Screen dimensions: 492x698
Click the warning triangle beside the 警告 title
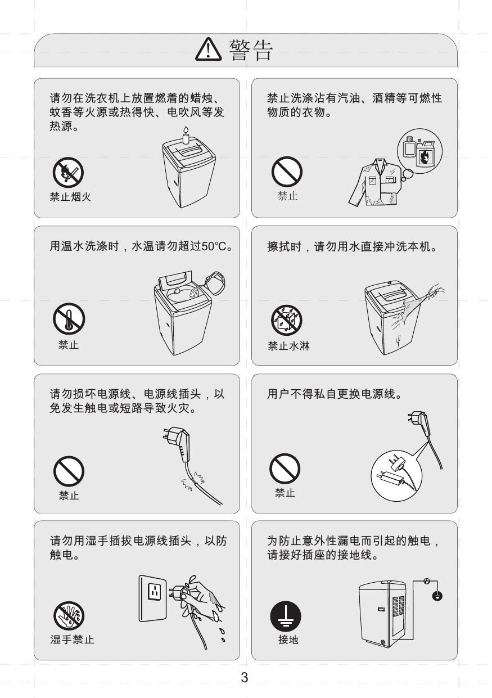coord(209,49)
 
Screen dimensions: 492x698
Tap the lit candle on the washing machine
coord(186,135)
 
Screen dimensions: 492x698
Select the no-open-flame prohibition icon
coord(68,172)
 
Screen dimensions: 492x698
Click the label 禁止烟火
coord(70,197)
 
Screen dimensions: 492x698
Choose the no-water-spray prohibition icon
coord(287,320)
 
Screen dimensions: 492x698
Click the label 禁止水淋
coord(288,345)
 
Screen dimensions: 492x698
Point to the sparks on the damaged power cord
coord(193,481)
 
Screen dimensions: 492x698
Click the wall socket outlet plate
coord(153,598)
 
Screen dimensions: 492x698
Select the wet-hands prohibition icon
coord(69,616)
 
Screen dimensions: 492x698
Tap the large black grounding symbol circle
coord(286,616)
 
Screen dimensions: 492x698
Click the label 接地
coord(288,640)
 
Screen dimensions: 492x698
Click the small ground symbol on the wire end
coord(437,596)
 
